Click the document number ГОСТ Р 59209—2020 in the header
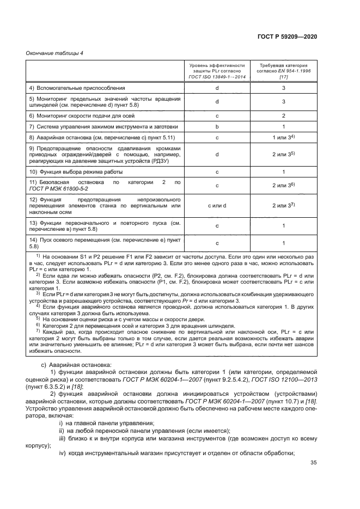point(288,36)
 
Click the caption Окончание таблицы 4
point(53,53)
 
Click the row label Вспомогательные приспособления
point(69,88)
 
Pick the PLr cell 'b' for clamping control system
point(217,126)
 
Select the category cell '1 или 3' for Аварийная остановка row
point(283,138)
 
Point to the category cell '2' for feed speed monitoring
point(283,115)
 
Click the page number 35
point(313,463)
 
